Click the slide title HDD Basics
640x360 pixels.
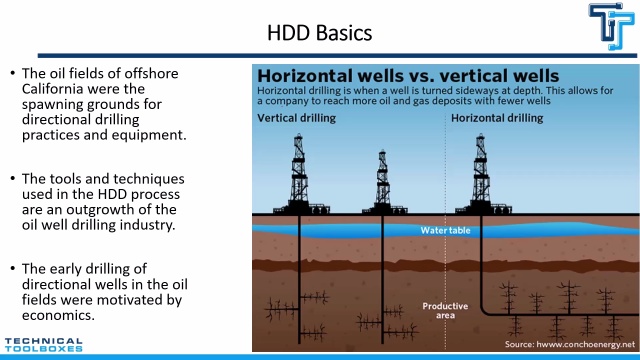point(320,33)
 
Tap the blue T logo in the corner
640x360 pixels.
point(611,26)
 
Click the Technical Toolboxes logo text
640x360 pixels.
point(44,345)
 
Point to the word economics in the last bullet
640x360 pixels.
point(58,316)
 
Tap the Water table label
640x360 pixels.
point(445,231)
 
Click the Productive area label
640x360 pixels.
point(445,311)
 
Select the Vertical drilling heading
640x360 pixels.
point(296,118)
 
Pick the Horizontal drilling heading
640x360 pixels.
point(497,118)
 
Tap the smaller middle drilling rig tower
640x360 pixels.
point(382,182)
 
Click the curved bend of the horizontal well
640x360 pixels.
point(484,311)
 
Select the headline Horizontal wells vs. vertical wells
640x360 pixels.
point(408,76)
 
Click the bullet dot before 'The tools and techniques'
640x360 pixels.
point(13,178)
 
